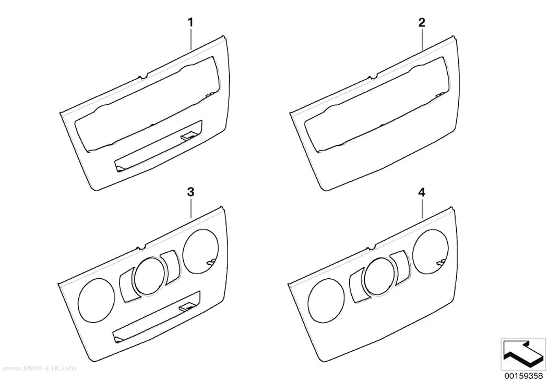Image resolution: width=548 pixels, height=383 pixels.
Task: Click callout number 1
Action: [190, 23]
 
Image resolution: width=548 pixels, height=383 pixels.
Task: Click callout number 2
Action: [422, 23]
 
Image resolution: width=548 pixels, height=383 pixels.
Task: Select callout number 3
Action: [190, 192]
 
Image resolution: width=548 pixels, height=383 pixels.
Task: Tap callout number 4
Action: [422, 192]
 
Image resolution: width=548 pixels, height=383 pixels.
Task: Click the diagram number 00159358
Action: [523, 376]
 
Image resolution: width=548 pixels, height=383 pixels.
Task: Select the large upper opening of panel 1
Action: [146, 105]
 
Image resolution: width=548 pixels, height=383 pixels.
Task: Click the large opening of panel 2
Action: [377, 105]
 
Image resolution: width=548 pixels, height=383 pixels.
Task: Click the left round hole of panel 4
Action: [326, 300]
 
